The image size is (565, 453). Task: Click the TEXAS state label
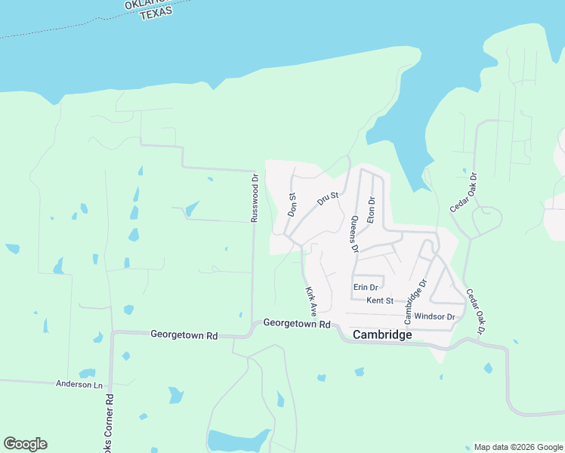[156, 12]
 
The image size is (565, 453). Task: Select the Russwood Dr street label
[255, 199]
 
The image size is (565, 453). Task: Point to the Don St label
[292, 204]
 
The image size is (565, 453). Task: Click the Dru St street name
[329, 198]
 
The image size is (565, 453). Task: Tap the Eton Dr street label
[371, 210]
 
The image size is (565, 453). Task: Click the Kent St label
[380, 300]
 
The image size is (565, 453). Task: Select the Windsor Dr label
[434, 316]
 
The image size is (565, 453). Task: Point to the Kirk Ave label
[310, 300]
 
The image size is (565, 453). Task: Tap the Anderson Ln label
[79, 384]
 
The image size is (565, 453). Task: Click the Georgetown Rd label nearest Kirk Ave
[298, 323]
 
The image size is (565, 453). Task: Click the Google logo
[25, 444]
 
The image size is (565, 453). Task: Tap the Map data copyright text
[518, 447]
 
